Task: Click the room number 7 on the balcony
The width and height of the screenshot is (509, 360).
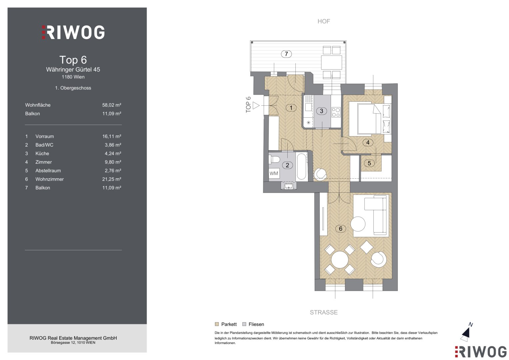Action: click(286, 54)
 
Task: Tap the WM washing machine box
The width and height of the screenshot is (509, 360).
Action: click(274, 173)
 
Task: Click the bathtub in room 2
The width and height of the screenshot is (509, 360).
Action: click(302, 167)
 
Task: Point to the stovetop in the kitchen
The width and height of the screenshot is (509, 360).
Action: click(336, 112)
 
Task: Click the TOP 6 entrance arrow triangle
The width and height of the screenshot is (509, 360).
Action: click(256, 105)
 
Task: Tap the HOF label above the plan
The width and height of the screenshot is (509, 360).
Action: click(324, 21)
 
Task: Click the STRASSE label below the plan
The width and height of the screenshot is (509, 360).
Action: click(324, 312)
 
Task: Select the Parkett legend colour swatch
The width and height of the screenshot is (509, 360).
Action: click(217, 324)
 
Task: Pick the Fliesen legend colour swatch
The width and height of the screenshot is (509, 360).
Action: click(244, 324)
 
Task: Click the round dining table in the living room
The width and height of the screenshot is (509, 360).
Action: click(339, 260)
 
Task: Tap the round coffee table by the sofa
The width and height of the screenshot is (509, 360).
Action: click(358, 224)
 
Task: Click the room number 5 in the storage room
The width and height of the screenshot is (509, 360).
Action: click(369, 163)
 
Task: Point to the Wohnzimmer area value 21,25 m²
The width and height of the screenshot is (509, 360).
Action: click(112, 179)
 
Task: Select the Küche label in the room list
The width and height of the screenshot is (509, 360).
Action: click(42, 153)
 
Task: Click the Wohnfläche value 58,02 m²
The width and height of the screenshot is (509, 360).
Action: click(112, 105)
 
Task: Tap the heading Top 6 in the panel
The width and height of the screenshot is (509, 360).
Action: click(73, 60)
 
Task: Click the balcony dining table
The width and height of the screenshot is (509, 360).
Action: click(332, 63)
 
